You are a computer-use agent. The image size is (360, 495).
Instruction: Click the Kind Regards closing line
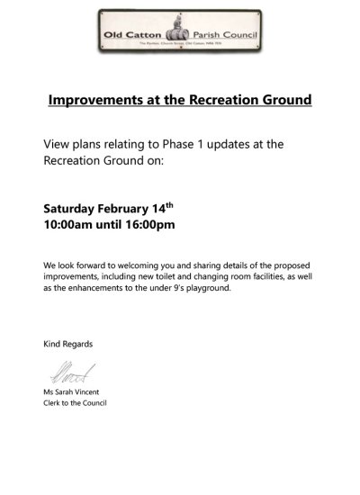(67, 345)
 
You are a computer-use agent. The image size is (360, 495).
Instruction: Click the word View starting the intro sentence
(57, 144)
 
